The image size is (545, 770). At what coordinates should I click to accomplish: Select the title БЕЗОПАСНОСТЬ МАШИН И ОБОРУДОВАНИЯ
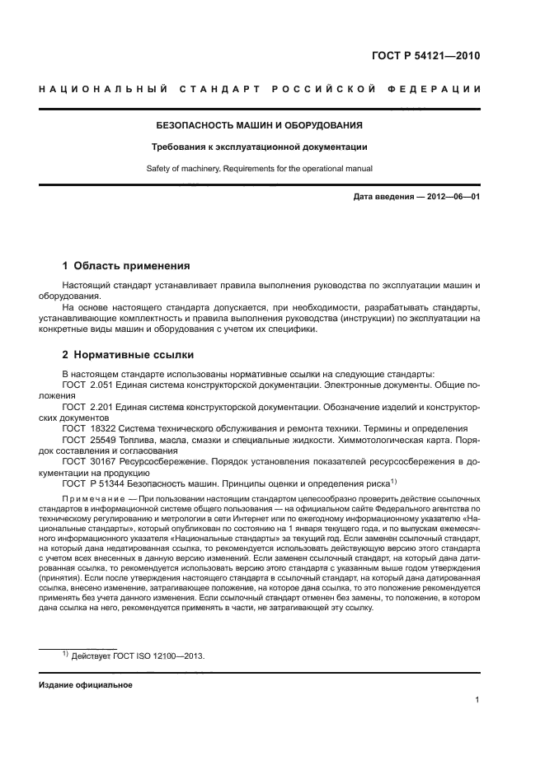click(260, 126)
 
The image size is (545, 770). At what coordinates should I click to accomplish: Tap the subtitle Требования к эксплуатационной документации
click(260, 147)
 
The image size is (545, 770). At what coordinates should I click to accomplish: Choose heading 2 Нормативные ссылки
click(128, 355)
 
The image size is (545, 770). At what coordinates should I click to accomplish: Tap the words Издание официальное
click(86, 684)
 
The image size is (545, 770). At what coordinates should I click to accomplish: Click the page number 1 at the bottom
click(477, 700)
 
